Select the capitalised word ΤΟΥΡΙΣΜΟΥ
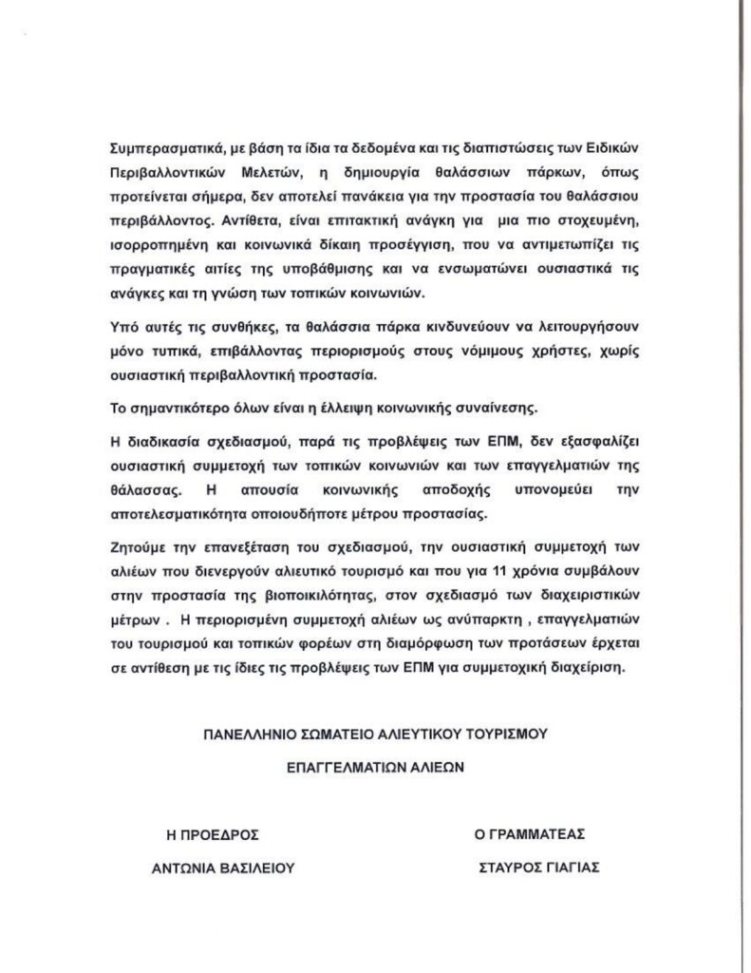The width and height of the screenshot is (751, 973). (x=506, y=733)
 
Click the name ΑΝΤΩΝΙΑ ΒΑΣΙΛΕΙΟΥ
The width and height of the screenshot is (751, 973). (x=217, y=868)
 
